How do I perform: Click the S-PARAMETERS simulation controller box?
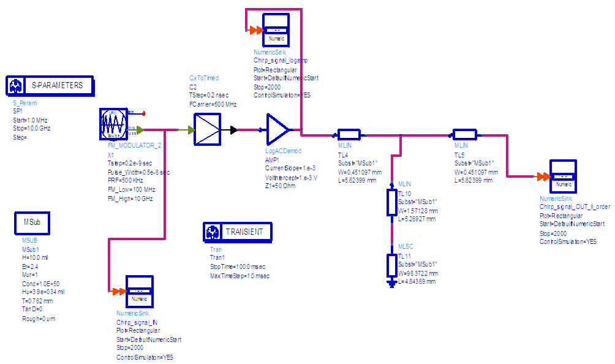[x=50, y=86]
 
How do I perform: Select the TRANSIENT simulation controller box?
[x=238, y=232]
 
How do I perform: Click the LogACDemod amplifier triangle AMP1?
[x=277, y=129]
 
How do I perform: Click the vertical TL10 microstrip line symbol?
[x=391, y=202]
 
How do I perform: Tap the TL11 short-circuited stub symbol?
[x=391, y=265]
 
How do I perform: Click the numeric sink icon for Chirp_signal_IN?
[x=139, y=294]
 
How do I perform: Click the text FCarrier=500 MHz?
[x=213, y=105]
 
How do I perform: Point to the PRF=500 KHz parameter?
[x=126, y=181]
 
